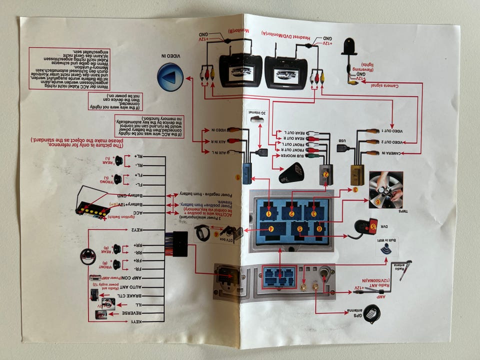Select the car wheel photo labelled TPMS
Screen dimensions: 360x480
[x=385, y=190]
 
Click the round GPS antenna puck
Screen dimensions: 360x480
[x=371, y=313]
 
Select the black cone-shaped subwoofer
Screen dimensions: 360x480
[x=291, y=173]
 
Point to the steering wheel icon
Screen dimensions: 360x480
[x=88, y=256]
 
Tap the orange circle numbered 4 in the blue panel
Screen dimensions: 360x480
[x=270, y=229]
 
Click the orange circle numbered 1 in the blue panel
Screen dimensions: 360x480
[x=269, y=213]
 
